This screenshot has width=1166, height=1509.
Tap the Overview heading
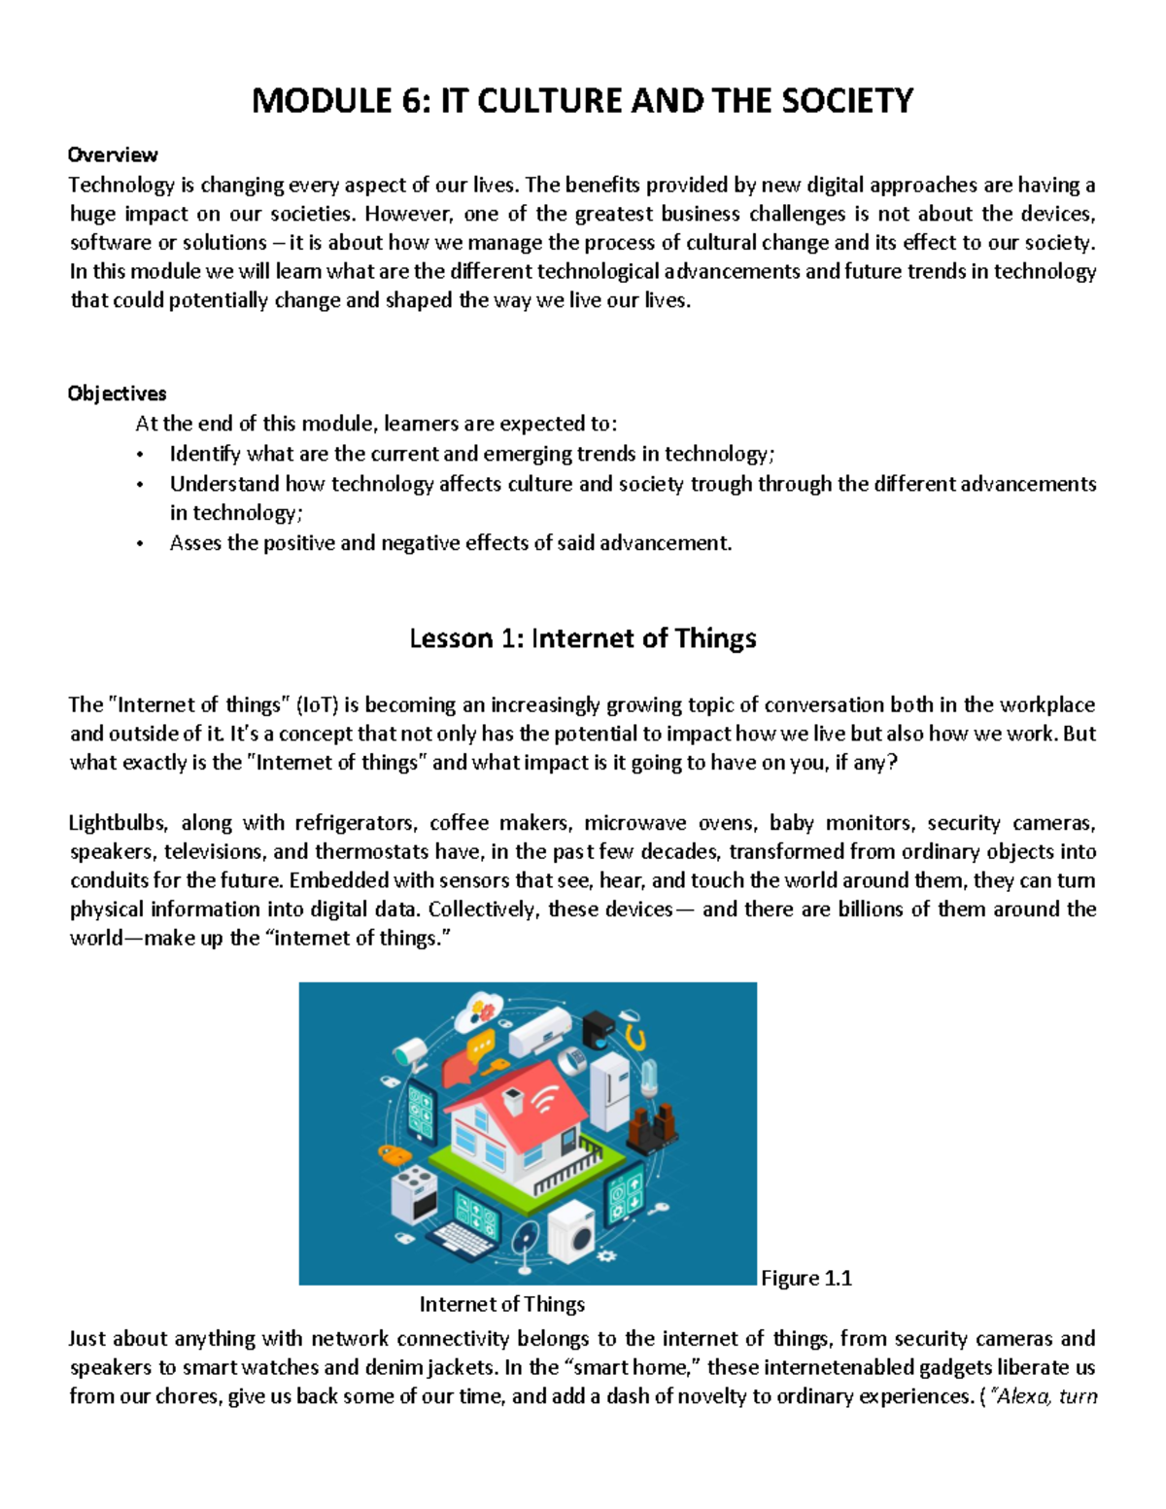tap(113, 154)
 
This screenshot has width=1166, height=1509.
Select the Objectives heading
tap(117, 394)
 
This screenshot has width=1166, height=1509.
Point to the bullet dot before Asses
tap(140, 544)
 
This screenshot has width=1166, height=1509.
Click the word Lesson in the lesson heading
tap(451, 638)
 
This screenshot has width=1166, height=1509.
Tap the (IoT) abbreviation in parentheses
tap(317, 704)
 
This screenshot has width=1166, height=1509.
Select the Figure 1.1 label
tap(806, 1278)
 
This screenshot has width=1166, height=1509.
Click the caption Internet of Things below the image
tap(501, 1304)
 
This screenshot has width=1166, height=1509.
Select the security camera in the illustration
tap(410, 1050)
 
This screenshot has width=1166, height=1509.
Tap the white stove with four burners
tap(415, 1193)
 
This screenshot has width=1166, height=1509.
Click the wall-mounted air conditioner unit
tap(541, 1031)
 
